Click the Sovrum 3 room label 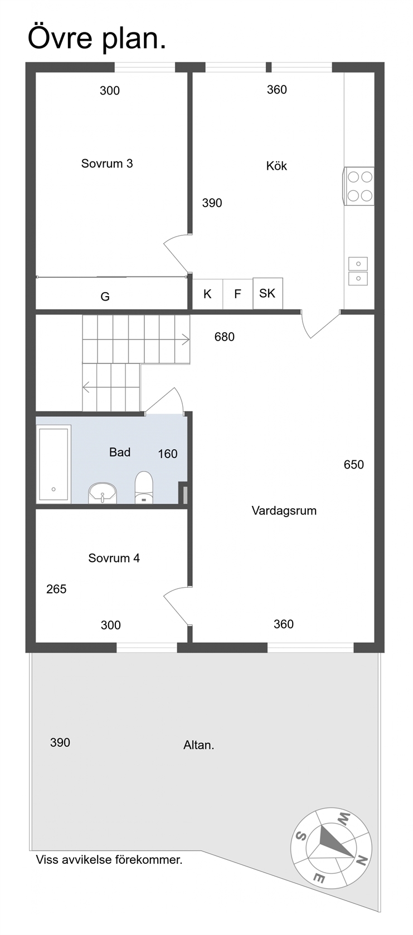coord(107,163)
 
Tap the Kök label coord(276,166)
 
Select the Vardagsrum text coord(284,510)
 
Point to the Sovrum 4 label coord(114,558)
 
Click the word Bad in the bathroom coord(119,452)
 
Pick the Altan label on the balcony coord(198,745)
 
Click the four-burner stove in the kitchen coord(359,186)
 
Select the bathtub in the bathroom coord(54,464)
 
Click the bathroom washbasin coord(103,493)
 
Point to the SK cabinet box coord(268,293)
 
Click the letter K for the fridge coord(207,294)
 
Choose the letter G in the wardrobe coord(105,297)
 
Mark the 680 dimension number coord(225,337)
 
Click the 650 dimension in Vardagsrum coord(353,465)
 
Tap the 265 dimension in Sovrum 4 coord(56,589)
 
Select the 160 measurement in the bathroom coord(168,454)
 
